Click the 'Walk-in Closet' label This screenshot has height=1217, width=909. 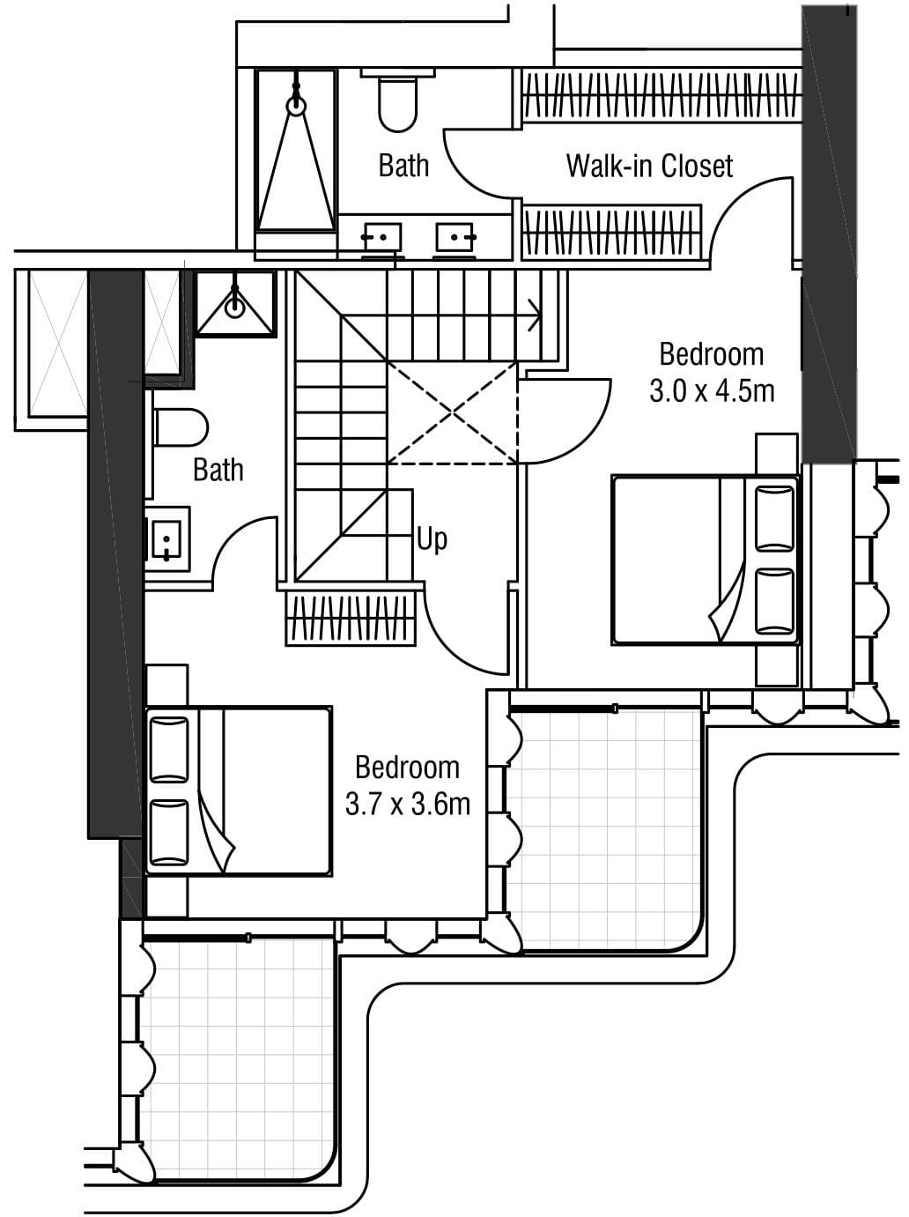tap(649, 166)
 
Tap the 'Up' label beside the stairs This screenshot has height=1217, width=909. tap(432, 539)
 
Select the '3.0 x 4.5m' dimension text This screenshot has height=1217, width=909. tap(712, 392)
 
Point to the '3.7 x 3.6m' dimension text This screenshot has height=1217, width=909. tap(408, 805)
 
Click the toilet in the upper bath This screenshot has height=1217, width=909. tap(398, 100)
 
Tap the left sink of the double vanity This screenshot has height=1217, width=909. tap(382, 238)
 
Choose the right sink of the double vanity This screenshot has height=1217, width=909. tap(454, 238)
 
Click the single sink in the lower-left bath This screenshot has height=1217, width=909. tap(164, 539)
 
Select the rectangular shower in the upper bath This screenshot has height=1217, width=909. tap(296, 150)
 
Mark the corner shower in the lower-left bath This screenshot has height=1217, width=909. tap(236, 303)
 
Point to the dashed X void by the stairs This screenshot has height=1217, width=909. tap(453, 413)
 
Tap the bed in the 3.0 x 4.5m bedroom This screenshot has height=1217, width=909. tap(706, 560)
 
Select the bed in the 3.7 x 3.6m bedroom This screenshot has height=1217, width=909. tap(239, 791)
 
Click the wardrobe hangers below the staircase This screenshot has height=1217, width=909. tap(351, 619)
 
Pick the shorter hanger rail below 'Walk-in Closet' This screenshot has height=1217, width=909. tap(611, 232)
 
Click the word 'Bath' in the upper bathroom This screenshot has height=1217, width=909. tap(403, 166)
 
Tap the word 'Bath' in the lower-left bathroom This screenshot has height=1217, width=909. tap(218, 470)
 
